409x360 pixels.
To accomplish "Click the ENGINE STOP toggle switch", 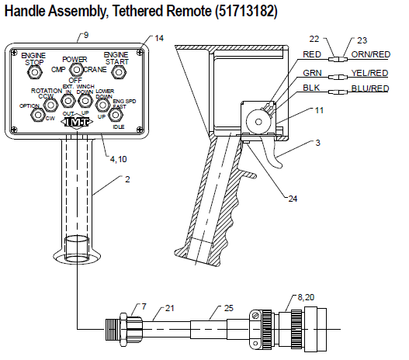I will click(34, 72).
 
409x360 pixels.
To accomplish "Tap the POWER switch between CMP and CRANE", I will click(76, 71).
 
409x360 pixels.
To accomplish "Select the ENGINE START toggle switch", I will click(119, 72).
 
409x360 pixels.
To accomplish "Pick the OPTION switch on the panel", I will click(36, 115).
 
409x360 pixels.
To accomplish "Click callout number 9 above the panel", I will click(85, 35).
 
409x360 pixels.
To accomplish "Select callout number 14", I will click(159, 38).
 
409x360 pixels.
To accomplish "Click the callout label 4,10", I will click(118, 160).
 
